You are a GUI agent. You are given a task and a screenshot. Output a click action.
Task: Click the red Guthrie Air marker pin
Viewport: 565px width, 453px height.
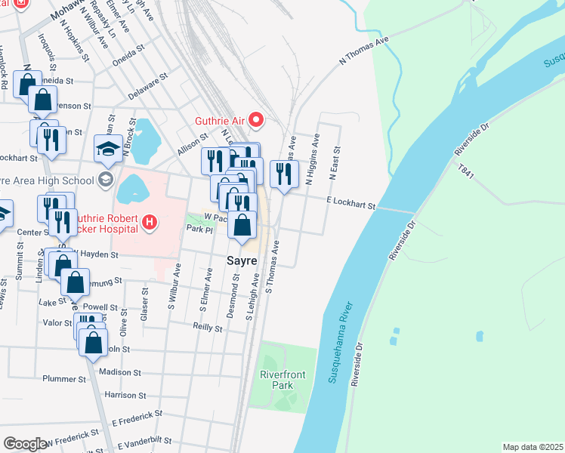coord(257,119)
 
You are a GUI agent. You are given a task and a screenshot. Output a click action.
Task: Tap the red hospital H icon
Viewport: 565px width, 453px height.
coord(150,222)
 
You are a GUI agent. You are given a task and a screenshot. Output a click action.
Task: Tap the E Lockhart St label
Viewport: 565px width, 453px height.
coord(350,202)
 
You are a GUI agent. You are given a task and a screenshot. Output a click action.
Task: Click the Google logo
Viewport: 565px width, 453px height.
coord(25,443)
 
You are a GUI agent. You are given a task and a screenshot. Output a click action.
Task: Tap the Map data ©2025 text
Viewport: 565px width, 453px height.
coord(532,447)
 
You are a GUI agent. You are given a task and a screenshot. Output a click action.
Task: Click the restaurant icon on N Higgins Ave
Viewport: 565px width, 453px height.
coord(284,174)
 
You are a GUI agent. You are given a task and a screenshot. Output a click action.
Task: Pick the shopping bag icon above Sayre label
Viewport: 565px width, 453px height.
coord(242,226)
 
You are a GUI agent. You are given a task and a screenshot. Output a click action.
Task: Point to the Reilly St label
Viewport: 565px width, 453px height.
coord(207,328)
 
